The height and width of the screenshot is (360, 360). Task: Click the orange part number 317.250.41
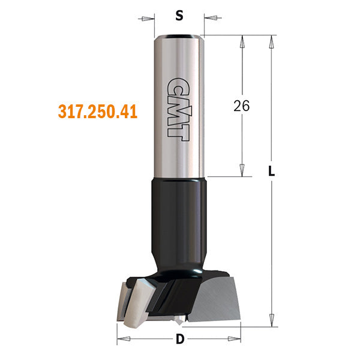tap(98, 112)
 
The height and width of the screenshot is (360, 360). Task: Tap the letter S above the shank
tap(179, 16)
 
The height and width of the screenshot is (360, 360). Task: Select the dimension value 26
tap(241, 106)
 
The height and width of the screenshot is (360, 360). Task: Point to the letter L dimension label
tap(272, 171)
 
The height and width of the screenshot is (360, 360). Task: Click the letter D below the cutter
tap(179, 340)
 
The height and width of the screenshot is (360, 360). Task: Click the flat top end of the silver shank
tap(179, 37)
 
